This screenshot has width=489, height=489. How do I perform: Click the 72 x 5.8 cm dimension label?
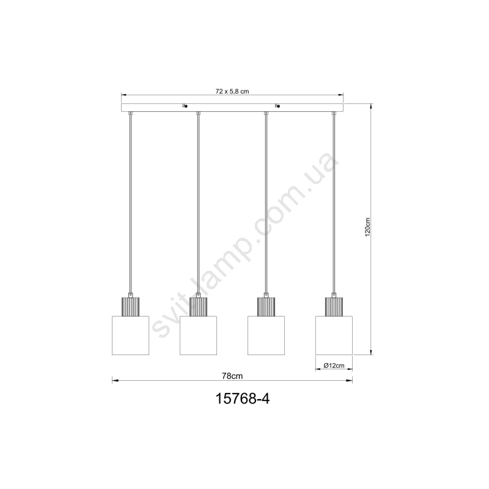[x=232, y=91]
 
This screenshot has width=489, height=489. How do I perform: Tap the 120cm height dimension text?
[x=368, y=227]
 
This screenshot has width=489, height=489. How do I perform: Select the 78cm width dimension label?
[x=232, y=376]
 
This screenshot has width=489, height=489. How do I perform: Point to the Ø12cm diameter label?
[x=334, y=366]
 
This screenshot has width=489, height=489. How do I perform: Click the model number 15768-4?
[x=243, y=399]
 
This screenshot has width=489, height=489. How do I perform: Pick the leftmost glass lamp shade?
[x=130, y=336]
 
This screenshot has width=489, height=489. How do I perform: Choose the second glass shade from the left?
[x=198, y=336]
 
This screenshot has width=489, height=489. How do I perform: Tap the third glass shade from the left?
[x=266, y=336]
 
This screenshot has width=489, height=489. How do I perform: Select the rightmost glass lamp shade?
[x=334, y=336]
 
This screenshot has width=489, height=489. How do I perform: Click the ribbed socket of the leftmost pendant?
[x=130, y=307]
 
